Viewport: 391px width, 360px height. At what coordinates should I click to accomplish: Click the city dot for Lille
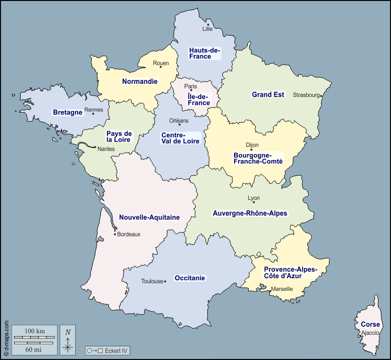[208, 24]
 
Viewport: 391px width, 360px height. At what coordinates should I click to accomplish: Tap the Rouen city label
[161, 63]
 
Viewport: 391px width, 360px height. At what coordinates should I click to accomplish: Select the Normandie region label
[140, 81]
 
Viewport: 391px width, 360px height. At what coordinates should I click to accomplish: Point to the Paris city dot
[191, 90]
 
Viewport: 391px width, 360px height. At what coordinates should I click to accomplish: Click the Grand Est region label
[268, 94]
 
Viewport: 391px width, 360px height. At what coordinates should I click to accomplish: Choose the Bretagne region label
[67, 112]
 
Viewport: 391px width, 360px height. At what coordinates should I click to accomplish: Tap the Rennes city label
[93, 110]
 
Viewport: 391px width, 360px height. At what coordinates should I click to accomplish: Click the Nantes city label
[106, 149]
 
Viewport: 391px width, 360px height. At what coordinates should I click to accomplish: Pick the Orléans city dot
[179, 124]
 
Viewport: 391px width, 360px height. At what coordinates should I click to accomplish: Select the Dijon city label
[252, 145]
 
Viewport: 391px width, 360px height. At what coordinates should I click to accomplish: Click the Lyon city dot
[254, 202]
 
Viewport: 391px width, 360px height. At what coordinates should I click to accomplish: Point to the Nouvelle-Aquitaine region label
[149, 217]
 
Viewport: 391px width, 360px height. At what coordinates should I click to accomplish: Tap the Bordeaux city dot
[115, 234]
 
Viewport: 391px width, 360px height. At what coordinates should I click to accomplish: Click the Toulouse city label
[152, 281]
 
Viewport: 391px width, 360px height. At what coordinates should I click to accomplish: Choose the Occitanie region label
[190, 278]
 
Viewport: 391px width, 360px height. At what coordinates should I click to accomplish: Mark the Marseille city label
[282, 289]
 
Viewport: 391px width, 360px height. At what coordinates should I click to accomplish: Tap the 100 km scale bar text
[35, 331]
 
